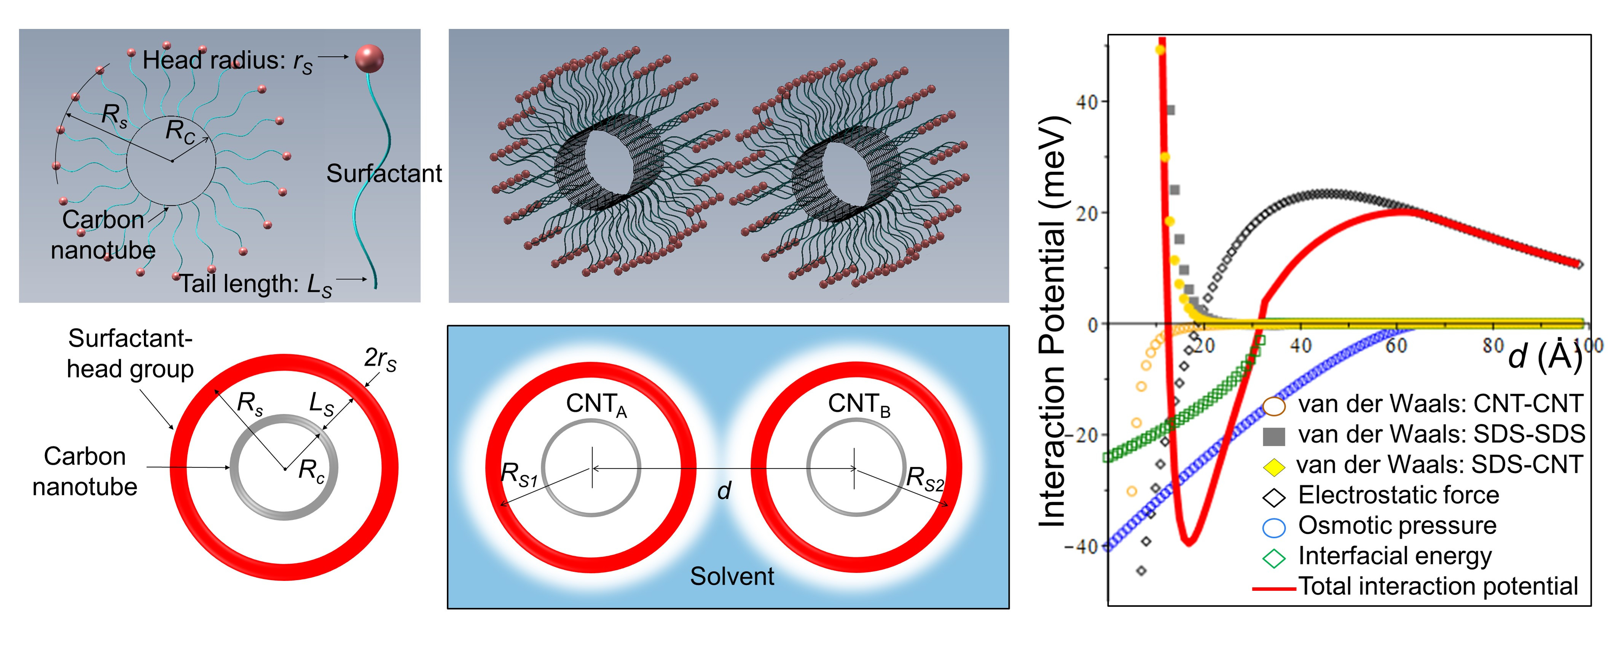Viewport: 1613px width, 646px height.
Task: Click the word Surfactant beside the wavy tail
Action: coord(384,174)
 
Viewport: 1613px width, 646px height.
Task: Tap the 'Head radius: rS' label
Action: coord(227,61)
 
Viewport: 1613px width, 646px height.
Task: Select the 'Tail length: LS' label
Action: coord(255,284)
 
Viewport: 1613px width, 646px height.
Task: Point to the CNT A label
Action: coord(596,404)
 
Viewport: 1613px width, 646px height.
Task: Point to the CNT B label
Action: coord(859,404)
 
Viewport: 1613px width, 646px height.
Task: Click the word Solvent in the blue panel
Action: coord(732,576)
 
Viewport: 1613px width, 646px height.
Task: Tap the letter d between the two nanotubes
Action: coord(724,491)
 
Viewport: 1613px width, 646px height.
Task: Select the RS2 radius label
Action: coord(924,479)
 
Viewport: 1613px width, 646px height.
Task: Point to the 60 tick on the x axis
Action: coord(1396,345)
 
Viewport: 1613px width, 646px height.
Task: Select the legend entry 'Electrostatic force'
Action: coord(1398,495)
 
